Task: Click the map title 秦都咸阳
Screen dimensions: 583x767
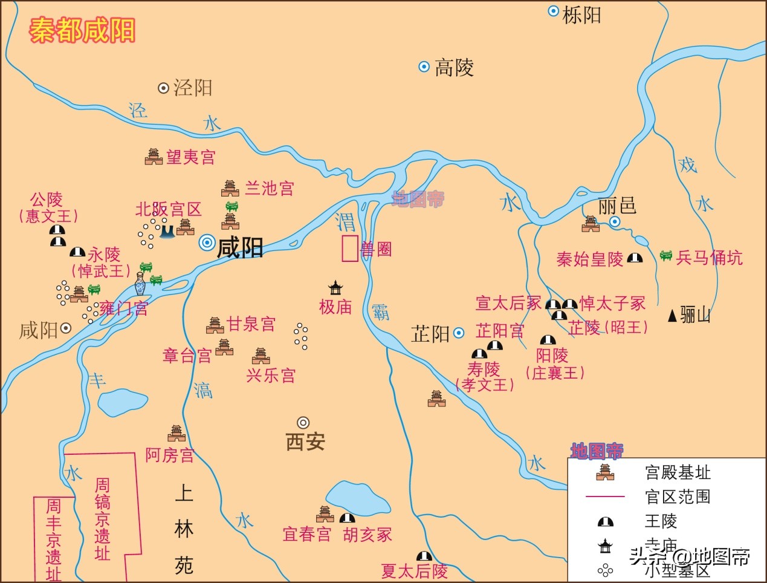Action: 82,30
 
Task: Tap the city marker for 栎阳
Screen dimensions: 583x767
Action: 553,11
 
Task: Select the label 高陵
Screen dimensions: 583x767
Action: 454,67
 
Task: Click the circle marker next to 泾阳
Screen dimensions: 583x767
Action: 163,88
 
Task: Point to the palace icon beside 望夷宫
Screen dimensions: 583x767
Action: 154,157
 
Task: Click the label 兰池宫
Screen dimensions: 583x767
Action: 269,188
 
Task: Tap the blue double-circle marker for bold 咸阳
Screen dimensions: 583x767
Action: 207,243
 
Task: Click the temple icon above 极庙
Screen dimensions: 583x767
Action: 335,287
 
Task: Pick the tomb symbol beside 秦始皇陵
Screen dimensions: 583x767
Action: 635,258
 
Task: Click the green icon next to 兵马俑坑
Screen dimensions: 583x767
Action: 666,256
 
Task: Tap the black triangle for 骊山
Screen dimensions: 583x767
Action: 672,315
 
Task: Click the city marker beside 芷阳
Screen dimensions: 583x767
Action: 459,333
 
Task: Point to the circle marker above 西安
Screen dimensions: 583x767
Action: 303,422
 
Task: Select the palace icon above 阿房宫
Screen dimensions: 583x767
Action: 176,433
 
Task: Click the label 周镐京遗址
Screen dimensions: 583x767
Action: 103,519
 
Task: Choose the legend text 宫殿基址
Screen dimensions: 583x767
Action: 678,472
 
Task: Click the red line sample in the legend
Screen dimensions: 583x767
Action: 605,497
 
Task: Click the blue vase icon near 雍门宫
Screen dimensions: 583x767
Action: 140,283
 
